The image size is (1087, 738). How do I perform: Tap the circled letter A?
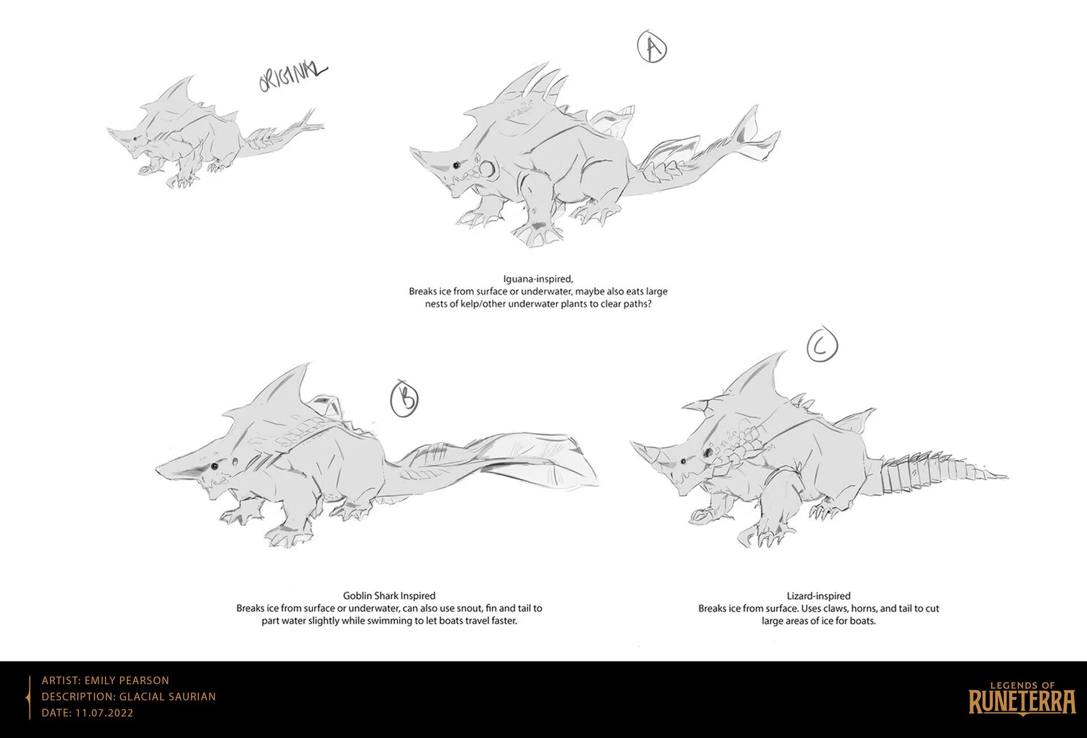click(x=652, y=48)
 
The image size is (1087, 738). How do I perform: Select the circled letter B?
click(x=405, y=398)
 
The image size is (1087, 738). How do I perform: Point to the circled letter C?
click(x=821, y=345)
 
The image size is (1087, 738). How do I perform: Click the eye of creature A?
click(x=456, y=166)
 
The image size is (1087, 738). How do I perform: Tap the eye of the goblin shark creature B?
click(x=215, y=466)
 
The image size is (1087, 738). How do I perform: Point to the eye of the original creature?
click(x=134, y=139)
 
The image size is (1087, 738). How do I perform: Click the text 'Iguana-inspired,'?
click(x=538, y=279)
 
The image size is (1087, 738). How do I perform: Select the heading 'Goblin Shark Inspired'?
click(x=389, y=595)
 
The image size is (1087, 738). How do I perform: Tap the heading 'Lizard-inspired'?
click(x=818, y=595)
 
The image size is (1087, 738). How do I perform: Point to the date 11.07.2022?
click(x=102, y=713)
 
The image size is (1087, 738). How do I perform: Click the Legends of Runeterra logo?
click(x=1022, y=697)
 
